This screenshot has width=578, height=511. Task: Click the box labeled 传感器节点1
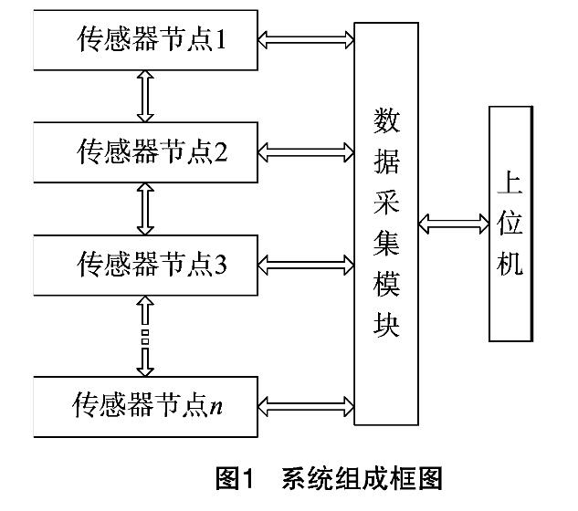(x=144, y=41)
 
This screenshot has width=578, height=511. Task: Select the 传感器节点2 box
(x=144, y=151)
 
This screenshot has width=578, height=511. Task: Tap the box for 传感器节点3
(x=144, y=264)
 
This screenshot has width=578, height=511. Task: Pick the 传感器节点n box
(x=144, y=404)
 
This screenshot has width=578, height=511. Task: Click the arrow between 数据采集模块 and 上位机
(x=453, y=222)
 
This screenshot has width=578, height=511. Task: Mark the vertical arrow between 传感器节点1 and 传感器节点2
(x=144, y=97)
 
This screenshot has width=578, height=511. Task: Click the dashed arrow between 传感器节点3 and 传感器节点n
(x=144, y=334)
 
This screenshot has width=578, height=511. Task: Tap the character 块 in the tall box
(x=387, y=326)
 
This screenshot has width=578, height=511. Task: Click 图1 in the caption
(x=236, y=477)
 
